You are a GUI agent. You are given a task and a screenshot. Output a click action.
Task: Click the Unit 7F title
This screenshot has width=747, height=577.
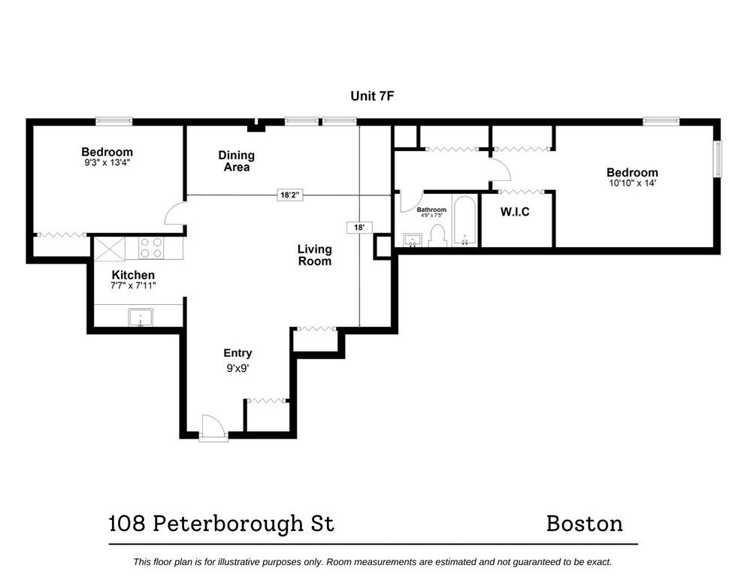pyautogui.click(x=373, y=95)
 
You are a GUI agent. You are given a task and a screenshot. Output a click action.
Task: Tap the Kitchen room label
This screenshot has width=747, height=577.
pyautogui.click(x=133, y=275)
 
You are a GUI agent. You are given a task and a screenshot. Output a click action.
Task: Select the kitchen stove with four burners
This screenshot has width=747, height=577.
pyautogui.click(x=150, y=248)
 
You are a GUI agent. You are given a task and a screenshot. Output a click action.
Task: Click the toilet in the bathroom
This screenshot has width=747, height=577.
pyautogui.click(x=437, y=236)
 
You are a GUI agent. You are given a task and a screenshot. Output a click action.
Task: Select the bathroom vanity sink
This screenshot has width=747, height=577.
pyautogui.click(x=412, y=240)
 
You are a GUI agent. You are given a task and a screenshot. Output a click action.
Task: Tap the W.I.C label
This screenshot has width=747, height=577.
pyautogui.click(x=515, y=213)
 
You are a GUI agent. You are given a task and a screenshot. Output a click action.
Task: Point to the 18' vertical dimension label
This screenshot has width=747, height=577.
pyautogui.click(x=359, y=226)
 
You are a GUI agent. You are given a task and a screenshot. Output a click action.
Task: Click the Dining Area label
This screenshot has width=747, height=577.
pyautogui.click(x=237, y=161)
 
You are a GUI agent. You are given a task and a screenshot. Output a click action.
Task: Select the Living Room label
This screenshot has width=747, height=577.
pyautogui.click(x=314, y=255)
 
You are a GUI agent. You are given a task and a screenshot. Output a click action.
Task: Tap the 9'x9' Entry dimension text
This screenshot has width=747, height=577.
pyautogui.click(x=237, y=369)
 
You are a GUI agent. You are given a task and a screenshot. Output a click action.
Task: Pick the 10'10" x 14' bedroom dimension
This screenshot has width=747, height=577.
pyautogui.click(x=632, y=183)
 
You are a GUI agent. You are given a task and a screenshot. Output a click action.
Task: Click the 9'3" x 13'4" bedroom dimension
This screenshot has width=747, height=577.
pyautogui.click(x=107, y=162)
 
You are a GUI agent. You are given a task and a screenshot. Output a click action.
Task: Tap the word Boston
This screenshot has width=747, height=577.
pyautogui.click(x=584, y=523)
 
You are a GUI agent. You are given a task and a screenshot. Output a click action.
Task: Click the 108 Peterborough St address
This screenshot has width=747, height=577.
pyautogui.click(x=221, y=524)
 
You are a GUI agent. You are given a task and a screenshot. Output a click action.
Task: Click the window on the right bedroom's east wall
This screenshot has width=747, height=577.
pyautogui.click(x=717, y=159)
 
